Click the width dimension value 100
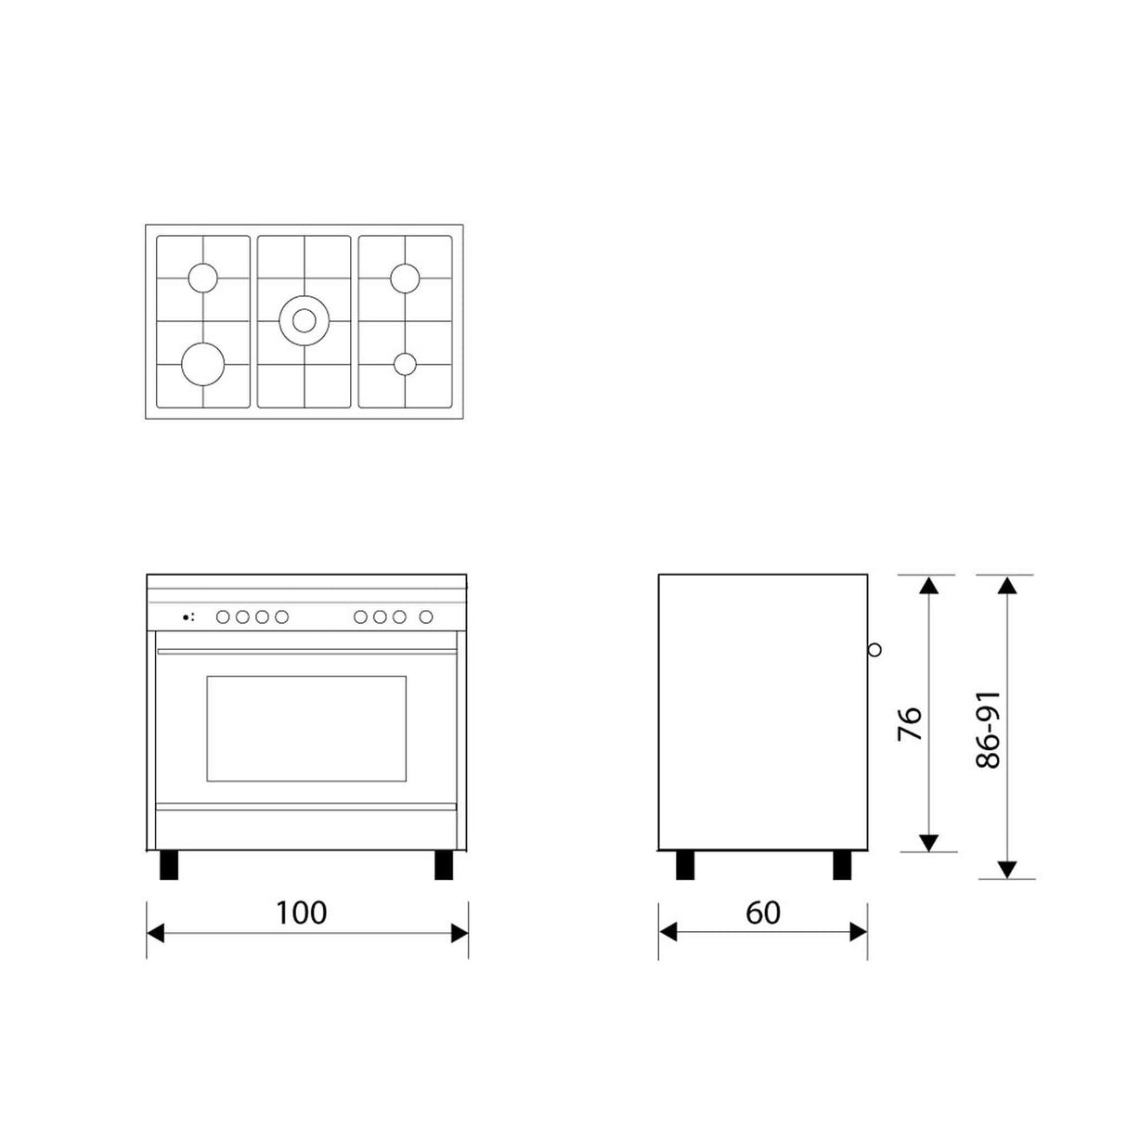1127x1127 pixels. pos(301,913)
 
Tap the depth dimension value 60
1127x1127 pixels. pos(763,913)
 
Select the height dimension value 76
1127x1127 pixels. pos(911,723)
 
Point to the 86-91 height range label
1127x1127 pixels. pos(990,729)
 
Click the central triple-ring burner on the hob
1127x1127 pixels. pos(304,320)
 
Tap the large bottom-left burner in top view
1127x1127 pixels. pos(202,363)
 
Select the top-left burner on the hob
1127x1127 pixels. pos(202,278)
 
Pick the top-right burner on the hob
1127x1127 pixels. pos(405,278)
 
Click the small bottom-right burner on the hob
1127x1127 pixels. pos(405,364)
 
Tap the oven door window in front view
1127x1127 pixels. pos(305,729)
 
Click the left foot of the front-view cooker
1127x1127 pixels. pos(169,865)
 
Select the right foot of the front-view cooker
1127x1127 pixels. pos(444,865)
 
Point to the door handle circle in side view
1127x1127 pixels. pos(874,650)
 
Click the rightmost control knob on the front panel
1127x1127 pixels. pos(426,616)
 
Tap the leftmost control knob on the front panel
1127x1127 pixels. pos(223,616)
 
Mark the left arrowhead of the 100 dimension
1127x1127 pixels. pos(155,933)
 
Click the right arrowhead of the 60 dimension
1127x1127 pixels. pos(859,933)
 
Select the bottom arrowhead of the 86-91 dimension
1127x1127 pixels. pos(1007,870)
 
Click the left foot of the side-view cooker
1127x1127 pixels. pos(685,865)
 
